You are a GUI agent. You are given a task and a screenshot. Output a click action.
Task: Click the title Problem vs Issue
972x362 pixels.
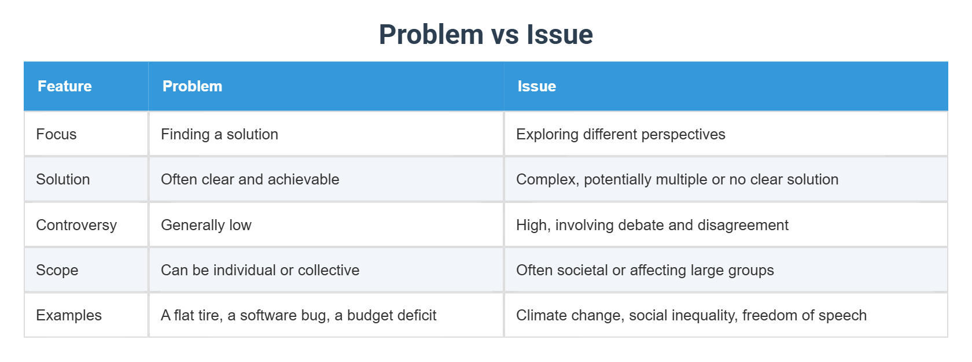485,34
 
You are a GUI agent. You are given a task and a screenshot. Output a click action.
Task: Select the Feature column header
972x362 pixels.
65,86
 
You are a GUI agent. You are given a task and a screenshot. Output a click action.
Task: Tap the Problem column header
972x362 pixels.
192,86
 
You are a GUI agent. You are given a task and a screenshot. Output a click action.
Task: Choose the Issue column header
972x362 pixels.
536,86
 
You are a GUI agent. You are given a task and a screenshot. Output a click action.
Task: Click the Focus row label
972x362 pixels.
56,134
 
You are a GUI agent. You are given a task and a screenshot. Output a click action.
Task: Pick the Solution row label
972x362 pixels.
62,179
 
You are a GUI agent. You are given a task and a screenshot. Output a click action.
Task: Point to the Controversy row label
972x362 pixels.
76,225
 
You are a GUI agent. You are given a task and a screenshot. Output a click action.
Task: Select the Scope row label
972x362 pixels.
57,270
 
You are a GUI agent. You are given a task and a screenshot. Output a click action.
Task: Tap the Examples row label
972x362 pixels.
68,315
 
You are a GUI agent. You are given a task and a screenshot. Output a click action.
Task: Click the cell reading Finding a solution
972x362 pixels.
219,134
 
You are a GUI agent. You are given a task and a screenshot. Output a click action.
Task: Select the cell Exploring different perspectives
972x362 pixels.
620,134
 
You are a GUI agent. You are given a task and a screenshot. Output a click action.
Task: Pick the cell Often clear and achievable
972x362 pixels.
250,179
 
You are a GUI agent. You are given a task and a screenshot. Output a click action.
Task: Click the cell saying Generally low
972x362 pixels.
206,225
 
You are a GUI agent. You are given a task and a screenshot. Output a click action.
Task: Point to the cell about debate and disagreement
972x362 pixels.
652,225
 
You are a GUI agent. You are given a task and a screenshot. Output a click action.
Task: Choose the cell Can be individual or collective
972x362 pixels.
260,270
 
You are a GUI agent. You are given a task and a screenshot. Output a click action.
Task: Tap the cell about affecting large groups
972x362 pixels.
645,270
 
